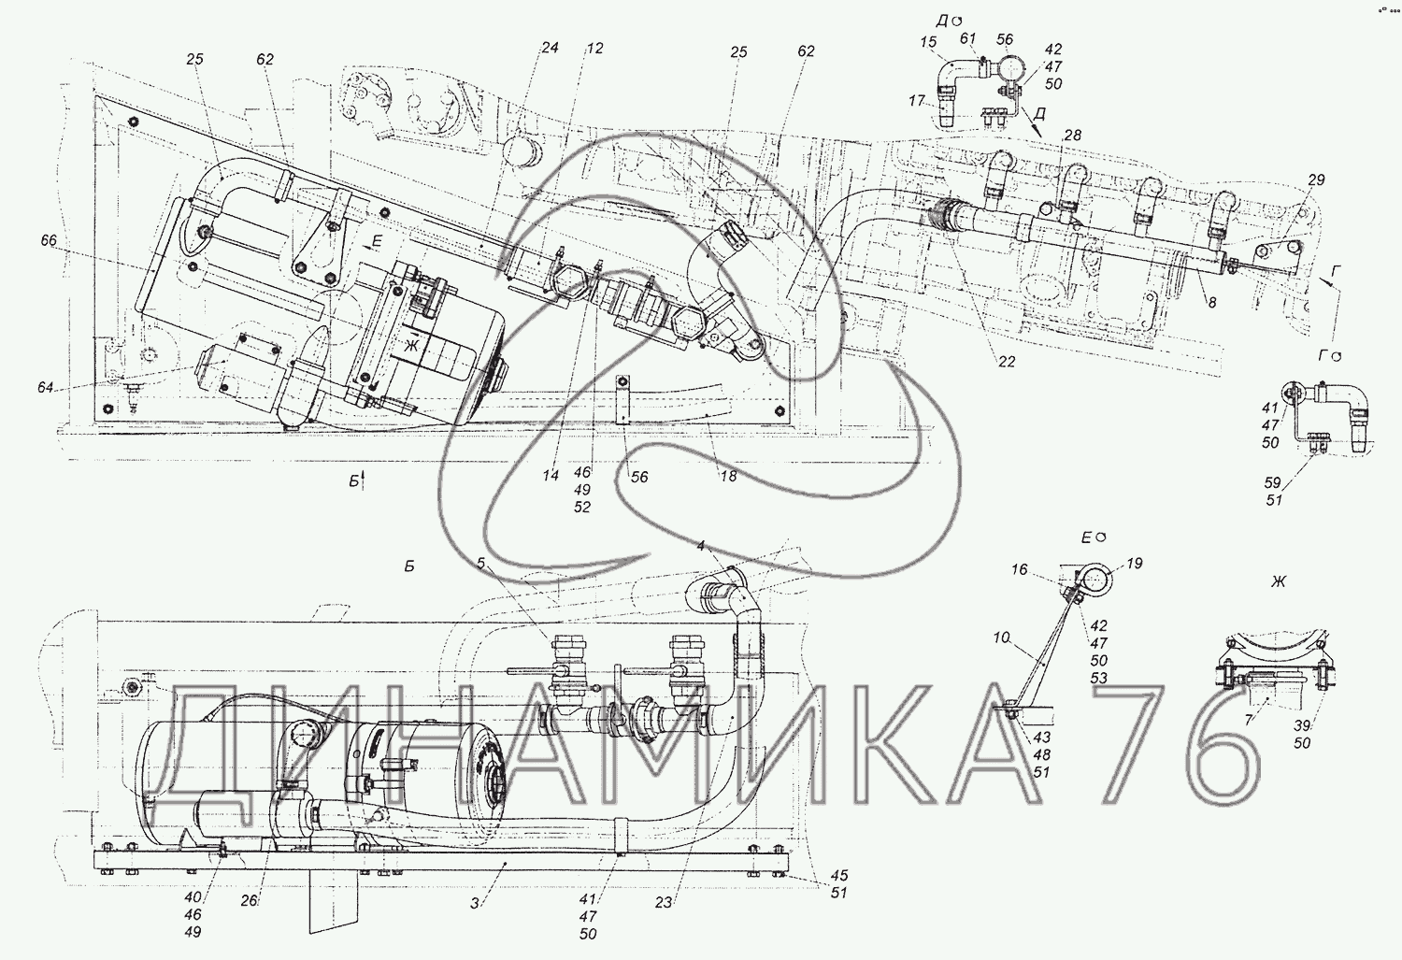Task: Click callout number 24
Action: click(550, 49)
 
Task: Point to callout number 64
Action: click(45, 387)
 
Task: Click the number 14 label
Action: click(551, 475)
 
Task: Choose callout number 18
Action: click(728, 476)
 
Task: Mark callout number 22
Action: click(1007, 362)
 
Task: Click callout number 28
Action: click(1072, 136)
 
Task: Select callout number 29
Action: click(1316, 180)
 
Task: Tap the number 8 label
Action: click(1211, 303)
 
